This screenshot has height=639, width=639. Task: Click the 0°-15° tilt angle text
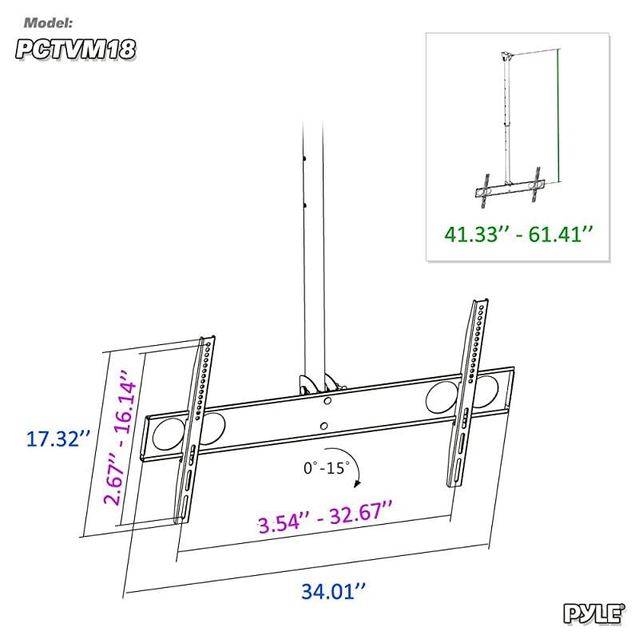point(326,467)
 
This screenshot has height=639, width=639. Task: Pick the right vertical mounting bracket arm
point(467,391)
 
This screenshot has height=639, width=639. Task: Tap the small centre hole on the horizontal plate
point(323,427)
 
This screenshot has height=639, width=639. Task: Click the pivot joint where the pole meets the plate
point(315,385)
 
